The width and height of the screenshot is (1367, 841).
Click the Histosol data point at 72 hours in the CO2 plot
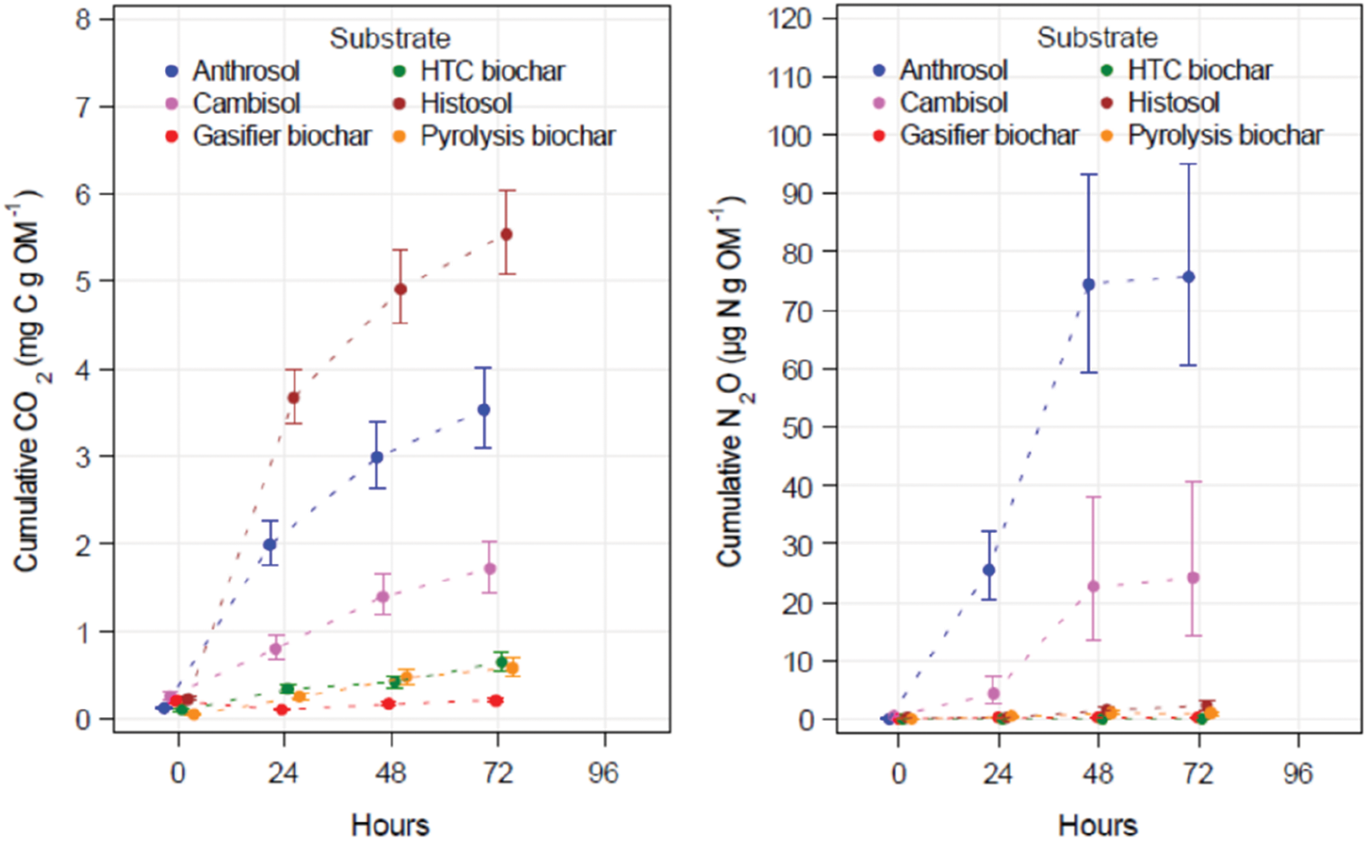507,234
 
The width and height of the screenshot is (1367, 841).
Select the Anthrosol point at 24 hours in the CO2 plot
270,545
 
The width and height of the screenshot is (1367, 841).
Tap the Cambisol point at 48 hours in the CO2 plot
383,598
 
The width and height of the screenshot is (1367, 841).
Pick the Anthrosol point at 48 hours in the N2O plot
1088,284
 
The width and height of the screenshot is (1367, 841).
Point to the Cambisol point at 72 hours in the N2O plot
1193,578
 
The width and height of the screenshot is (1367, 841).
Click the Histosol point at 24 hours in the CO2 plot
293,397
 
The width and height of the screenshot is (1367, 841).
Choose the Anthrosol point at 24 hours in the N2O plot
989,570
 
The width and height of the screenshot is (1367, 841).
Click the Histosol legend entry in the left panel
466,104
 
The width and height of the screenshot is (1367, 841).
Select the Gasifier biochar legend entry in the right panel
989,136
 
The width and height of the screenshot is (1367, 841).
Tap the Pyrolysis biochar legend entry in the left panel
517,137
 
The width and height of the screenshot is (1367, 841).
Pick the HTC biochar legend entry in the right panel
1199,70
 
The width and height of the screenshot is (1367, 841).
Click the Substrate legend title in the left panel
390,38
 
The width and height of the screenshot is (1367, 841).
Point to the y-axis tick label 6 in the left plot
83,194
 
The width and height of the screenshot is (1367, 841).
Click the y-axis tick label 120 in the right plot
789,18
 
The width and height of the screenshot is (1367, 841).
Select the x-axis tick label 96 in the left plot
603,774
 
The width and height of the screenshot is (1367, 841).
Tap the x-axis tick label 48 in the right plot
1098,774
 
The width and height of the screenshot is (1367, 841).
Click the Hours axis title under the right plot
1097,825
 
